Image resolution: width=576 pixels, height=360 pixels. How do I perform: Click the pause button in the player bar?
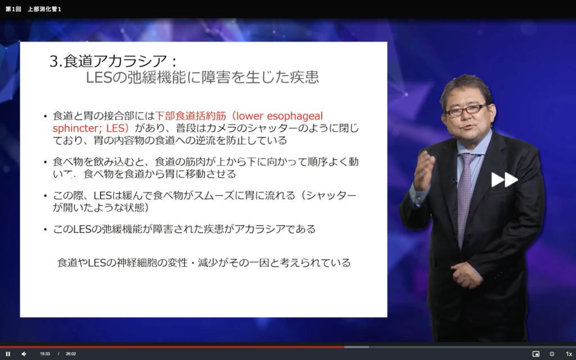click(8, 354)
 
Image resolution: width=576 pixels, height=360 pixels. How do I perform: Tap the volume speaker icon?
click(24, 354)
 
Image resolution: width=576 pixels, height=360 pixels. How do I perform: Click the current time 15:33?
click(45, 354)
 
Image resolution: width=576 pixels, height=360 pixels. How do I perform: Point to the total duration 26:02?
click(71, 354)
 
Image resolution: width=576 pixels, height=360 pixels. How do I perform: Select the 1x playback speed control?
click(569, 354)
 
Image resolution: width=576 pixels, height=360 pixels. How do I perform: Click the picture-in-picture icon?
click(536, 354)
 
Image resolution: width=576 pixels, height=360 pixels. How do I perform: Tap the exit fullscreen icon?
click(552, 354)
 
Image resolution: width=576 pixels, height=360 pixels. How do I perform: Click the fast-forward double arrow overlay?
click(505, 179)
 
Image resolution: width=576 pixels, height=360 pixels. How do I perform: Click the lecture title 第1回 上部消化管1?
click(33, 9)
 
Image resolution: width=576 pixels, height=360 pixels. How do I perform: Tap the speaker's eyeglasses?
click(466, 110)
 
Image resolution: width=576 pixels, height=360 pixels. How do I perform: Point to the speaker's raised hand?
click(424, 172)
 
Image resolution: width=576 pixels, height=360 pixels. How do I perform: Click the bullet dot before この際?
click(45, 196)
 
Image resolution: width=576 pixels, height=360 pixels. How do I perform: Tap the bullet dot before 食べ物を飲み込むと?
click(45, 162)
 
